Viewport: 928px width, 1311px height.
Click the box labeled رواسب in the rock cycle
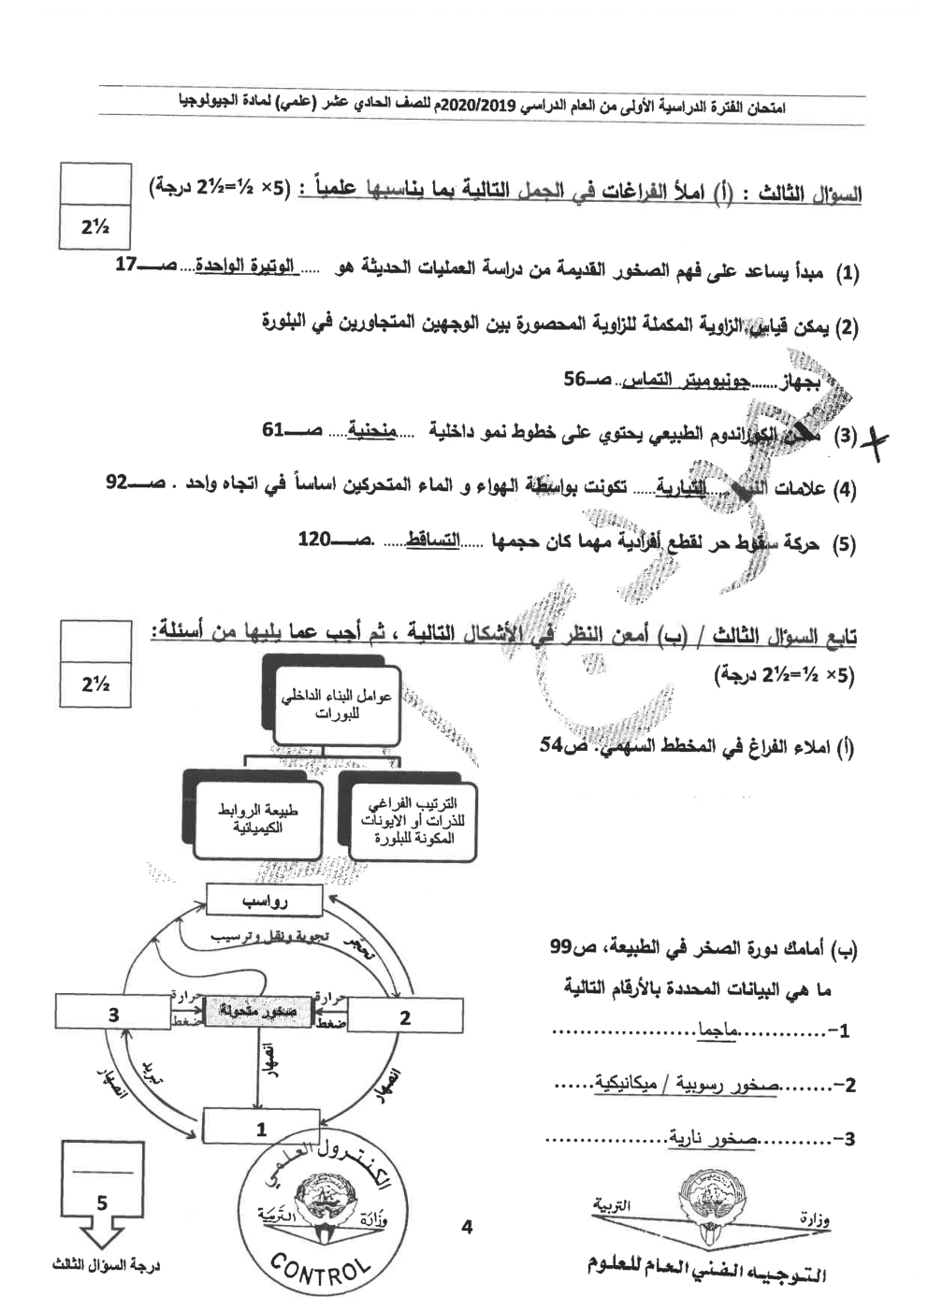coord(264,902)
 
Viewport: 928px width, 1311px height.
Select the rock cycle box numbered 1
coord(261,1129)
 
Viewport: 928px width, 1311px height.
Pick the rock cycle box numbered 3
coord(112,1014)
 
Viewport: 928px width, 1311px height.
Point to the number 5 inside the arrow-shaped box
coord(102,1203)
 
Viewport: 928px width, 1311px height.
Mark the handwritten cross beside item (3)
coord(879,438)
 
